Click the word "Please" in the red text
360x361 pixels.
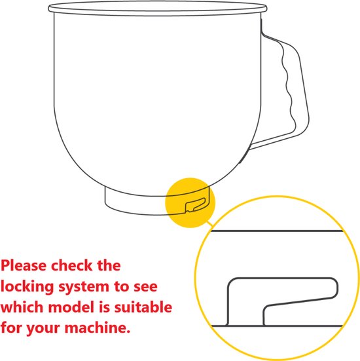click(x=24, y=265)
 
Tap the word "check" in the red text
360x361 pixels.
click(x=71, y=265)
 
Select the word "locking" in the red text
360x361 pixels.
click(x=27, y=287)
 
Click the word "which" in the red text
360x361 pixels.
click(x=22, y=307)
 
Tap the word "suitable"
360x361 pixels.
click(x=143, y=307)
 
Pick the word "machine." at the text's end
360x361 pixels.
click(x=98, y=328)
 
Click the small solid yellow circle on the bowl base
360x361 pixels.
click(x=190, y=203)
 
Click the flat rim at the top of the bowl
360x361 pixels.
click(x=158, y=9)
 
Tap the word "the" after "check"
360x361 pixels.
click(x=109, y=265)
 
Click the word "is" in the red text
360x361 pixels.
click(x=105, y=307)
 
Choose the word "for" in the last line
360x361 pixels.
click(x=12, y=328)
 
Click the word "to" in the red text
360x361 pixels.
click(x=122, y=287)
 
